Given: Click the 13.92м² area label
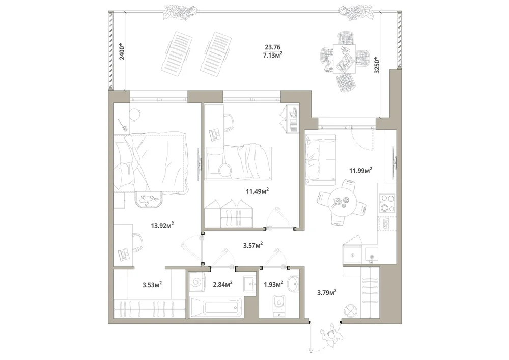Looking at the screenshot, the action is (162, 225).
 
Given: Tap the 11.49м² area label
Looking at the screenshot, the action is (257, 191).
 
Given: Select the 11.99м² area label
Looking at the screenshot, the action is (360, 170).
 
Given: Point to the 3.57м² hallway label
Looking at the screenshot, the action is (253, 245).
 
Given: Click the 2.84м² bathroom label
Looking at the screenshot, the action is (222, 284).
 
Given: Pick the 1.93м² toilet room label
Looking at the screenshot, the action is (273, 284).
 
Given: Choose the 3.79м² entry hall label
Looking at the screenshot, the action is (327, 292).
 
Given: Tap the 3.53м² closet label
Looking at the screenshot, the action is (152, 285).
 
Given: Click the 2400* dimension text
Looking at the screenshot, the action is (121, 51).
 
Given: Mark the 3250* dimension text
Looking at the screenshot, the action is (377, 65).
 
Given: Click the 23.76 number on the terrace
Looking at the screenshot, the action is (272, 47).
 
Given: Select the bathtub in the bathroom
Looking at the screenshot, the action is (216, 307).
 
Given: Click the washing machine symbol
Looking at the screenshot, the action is (196, 283).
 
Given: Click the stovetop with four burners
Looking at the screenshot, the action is (387, 203).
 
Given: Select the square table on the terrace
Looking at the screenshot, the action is (344, 59).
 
